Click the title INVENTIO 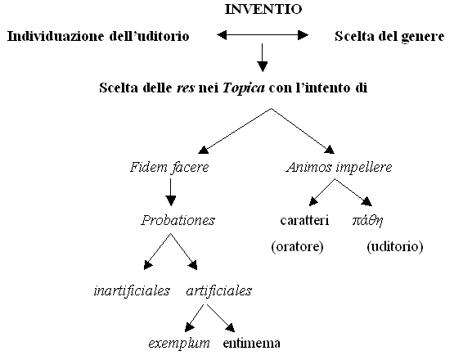click(x=263, y=9)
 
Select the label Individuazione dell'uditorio click(x=98, y=37)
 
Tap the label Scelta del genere click(x=389, y=37)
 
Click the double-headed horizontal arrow click(x=263, y=35)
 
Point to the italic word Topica click(x=244, y=88)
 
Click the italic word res click(x=186, y=88)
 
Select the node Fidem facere click(x=169, y=168)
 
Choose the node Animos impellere click(x=339, y=168)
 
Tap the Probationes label click(x=178, y=220)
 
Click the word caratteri click(x=304, y=220)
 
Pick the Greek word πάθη click(x=368, y=221)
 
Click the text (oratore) click(x=298, y=247)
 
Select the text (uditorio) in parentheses click(x=395, y=247)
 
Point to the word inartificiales click(x=132, y=290)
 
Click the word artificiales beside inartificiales click(x=219, y=290)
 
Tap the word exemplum click(x=179, y=344)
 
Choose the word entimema click(x=252, y=344)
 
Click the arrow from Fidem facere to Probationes click(x=170, y=192)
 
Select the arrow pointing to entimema click(x=221, y=317)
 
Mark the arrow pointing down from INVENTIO click(x=263, y=57)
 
